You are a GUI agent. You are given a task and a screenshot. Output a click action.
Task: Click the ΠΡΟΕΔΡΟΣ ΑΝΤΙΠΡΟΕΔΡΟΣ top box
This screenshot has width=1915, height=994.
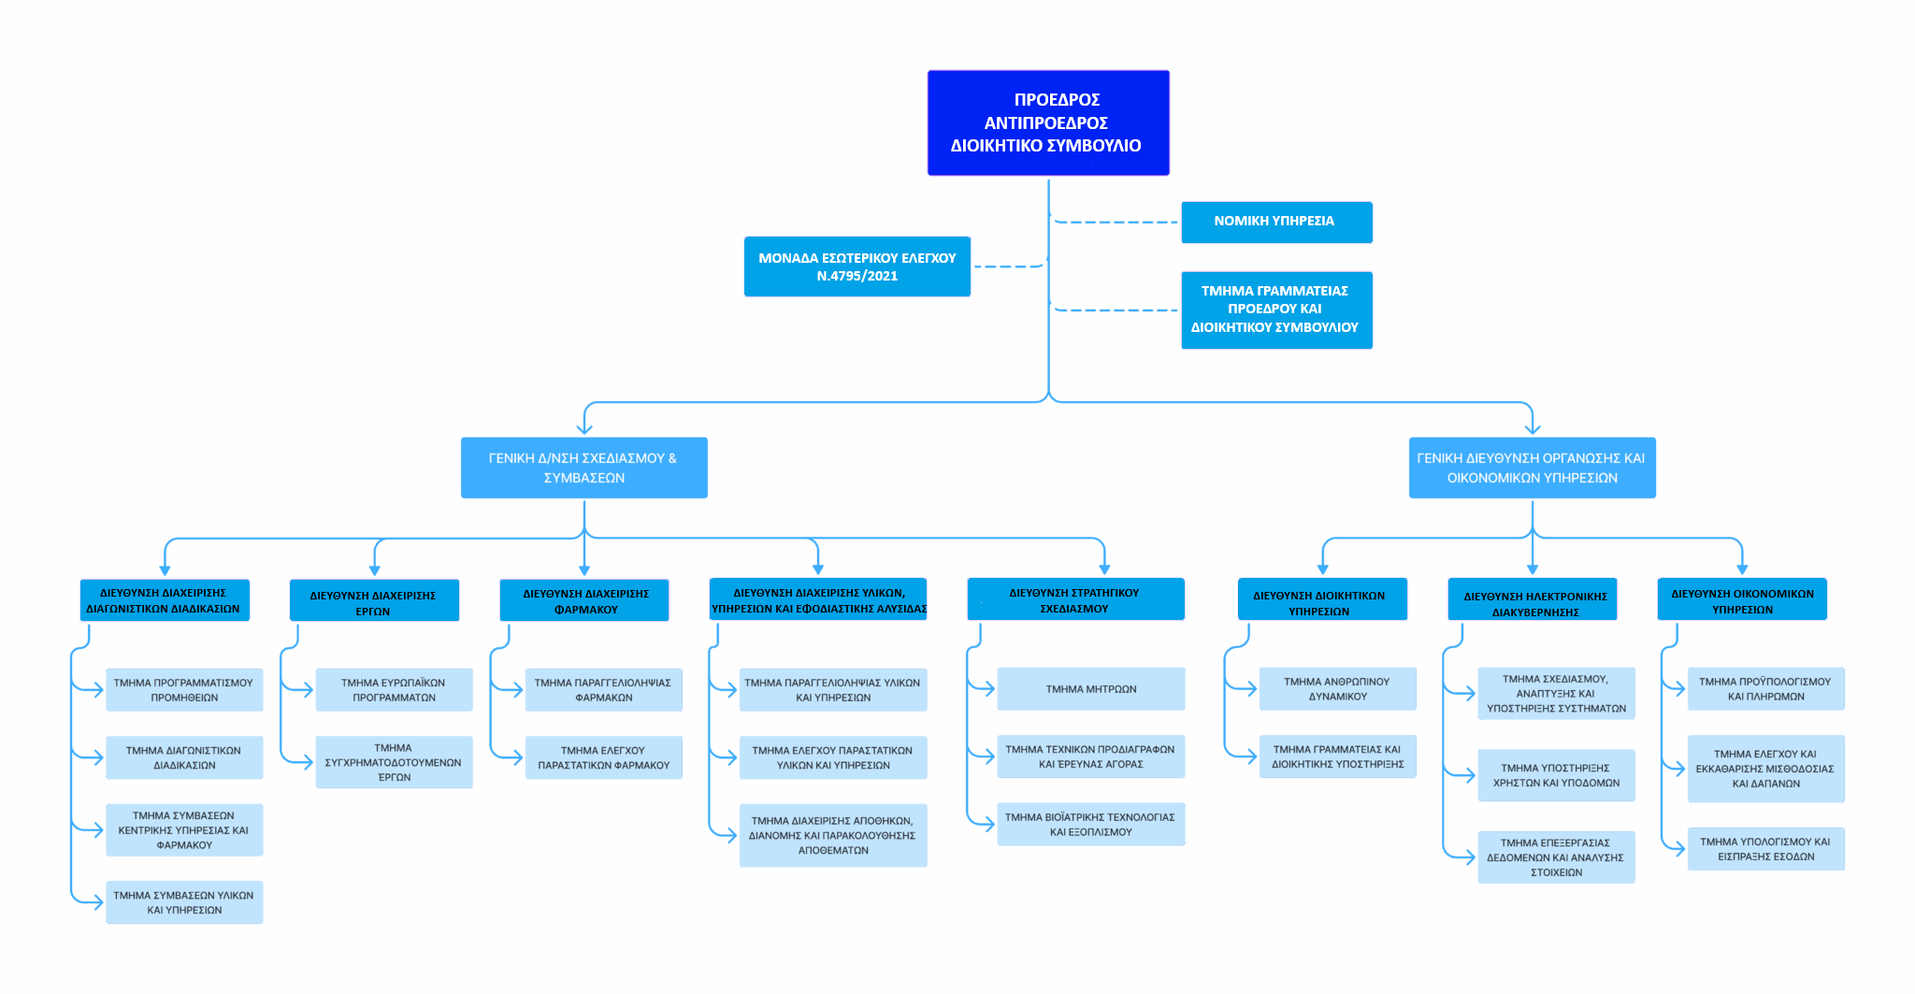(x=1048, y=122)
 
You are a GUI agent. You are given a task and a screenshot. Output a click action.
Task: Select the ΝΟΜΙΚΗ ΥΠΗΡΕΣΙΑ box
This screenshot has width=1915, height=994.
(x=1276, y=222)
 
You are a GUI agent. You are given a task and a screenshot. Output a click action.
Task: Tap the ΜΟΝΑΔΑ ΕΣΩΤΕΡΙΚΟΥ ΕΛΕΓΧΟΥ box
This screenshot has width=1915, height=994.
(x=857, y=267)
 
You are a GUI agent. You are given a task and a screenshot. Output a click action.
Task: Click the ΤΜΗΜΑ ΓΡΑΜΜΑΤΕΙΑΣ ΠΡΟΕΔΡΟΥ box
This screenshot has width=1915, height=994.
(x=1276, y=310)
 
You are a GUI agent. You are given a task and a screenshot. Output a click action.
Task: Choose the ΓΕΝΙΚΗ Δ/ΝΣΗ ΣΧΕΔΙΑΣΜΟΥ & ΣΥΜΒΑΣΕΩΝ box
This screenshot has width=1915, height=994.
(x=583, y=468)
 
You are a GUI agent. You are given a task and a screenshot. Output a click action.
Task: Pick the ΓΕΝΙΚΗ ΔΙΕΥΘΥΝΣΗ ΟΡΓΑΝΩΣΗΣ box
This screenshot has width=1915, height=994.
(x=1532, y=468)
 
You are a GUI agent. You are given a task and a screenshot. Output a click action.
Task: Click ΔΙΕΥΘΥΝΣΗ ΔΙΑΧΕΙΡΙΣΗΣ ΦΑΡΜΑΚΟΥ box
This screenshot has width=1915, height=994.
(x=584, y=600)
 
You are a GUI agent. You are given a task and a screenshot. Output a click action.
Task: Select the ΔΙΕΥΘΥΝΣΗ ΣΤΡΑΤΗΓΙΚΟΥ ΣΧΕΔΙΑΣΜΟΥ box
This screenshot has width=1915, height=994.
(x=1075, y=599)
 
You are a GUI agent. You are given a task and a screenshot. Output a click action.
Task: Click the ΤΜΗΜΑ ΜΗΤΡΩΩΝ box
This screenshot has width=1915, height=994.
(x=1090, y=689)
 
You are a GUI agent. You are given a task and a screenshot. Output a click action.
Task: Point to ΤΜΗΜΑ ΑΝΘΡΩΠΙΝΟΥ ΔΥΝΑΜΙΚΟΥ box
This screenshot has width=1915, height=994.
(x=1337, y=689)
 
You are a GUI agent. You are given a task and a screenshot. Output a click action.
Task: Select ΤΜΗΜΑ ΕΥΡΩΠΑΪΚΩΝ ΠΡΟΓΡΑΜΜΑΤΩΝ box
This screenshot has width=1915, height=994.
(x=394, y=690)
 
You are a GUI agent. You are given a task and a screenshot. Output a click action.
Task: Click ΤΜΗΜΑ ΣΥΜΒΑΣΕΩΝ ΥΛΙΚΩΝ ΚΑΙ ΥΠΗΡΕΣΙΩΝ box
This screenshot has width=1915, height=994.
(x=184, y=902)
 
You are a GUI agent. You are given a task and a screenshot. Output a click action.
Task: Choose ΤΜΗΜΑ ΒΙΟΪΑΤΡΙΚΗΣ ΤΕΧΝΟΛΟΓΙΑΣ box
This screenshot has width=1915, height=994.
(x=1090, y=824)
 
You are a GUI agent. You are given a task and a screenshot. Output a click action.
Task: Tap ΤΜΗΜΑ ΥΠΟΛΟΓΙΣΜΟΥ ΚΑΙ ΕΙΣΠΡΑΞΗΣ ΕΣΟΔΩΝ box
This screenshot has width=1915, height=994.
(x=1765, y=849)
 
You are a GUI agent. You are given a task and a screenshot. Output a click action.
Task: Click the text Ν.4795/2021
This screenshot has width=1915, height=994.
(x=857, y=277)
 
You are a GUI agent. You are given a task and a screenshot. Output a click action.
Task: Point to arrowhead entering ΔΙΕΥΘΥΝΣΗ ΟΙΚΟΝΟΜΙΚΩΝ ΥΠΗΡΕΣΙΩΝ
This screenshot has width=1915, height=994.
(x=1742, y=569)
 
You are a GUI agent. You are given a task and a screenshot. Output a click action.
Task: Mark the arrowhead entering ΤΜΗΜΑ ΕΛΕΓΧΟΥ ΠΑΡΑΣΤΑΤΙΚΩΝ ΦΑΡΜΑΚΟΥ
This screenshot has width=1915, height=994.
(x=517, y=758)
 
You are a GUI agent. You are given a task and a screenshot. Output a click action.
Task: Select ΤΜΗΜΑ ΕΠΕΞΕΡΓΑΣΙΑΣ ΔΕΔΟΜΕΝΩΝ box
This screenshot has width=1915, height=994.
(x=1556, y=857)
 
